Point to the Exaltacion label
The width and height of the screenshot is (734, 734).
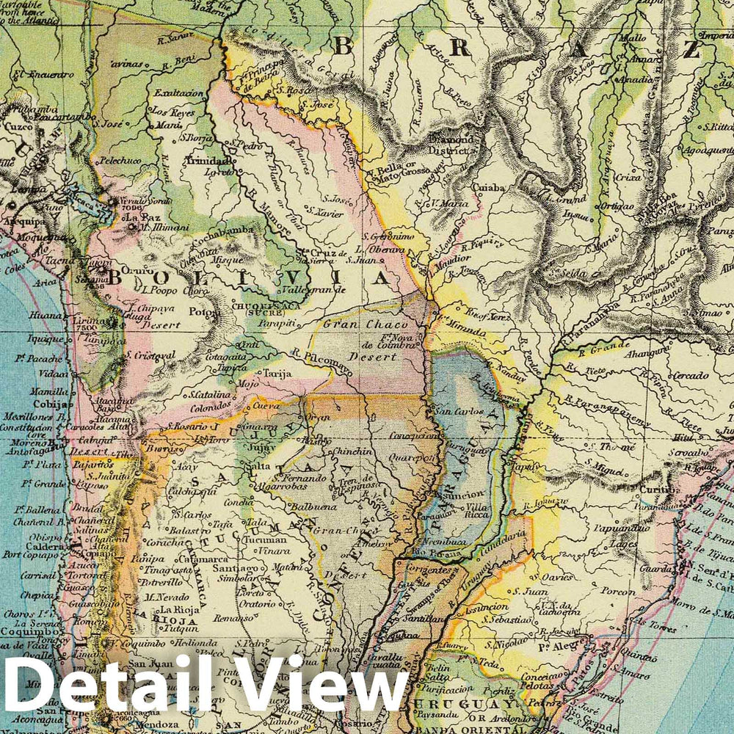click(177, 94)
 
